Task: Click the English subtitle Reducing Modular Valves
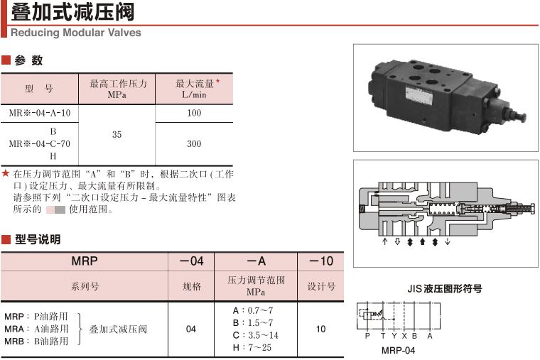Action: pyautogui.click(x=76, y=33)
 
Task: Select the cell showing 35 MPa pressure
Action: pyautogui.click(x=117, y=135)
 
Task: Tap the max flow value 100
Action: pyautogui.click(x=193, y=113)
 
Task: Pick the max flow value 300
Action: pyautogui.click(x=193, y=144)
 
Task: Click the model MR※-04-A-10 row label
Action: pyautogui.click(x=39, y=113)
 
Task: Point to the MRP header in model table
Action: pyautogui.click(x=84, y=261)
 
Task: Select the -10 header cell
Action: pyautogui.click(x=320, y=261)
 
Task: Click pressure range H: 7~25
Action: pyautogui.click(x=252, y=347)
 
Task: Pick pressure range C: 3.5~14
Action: pyautogui.click(x=255, y=335)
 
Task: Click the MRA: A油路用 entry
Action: pyautogui.click(x=36, y=329)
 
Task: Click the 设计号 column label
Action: pyautogui.click(x=320, y=286)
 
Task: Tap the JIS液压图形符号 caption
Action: pyautogui.click(x=444, y=289)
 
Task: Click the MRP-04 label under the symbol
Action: pyautogui.click(x=398, y=350)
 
